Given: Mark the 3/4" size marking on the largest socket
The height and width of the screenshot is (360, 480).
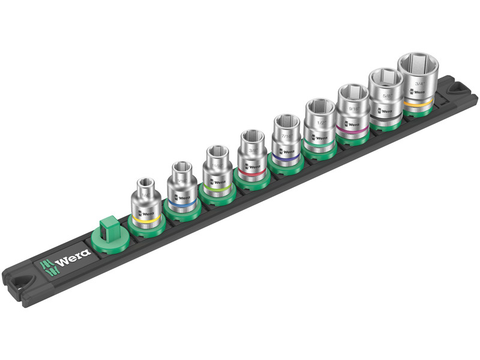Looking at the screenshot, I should pyautogui.click(x=416, y=83).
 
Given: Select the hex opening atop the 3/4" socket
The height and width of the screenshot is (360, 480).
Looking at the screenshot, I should pyautogui.click(x=419, y=63).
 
